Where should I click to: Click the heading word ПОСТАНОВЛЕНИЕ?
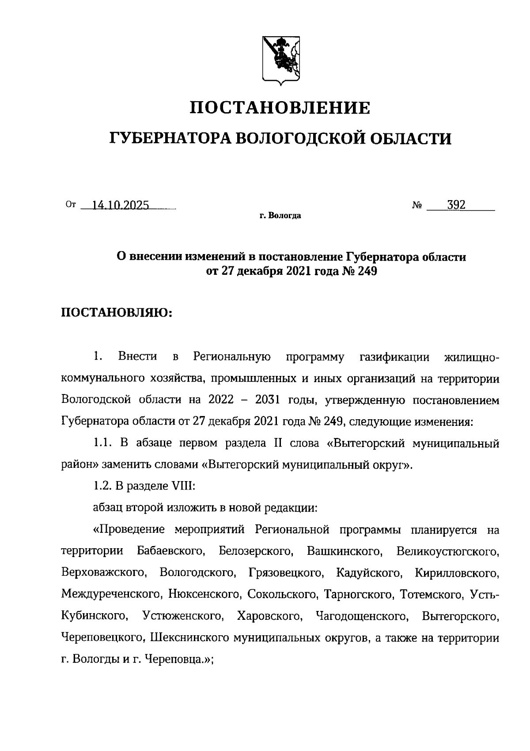coord(280,108)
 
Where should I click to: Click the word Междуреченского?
coord(111,594)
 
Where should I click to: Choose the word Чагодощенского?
coord(361,616)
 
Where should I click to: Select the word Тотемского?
coord(431,594)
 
